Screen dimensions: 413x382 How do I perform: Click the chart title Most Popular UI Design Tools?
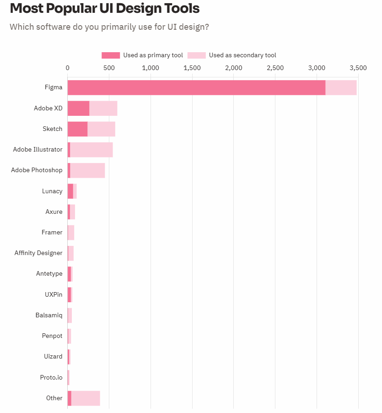[x=105, y=8]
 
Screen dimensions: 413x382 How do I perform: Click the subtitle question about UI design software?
[x=109, y=27]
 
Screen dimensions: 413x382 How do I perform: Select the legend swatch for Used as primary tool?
[x=110, y=55]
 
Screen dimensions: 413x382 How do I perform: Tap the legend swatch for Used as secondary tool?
[x=196, y=55]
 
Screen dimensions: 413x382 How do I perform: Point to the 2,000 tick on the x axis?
[x=234, y=68]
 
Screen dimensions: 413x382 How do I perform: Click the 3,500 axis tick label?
[x=358, y=68]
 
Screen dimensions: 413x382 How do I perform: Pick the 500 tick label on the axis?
[x=109, y=68]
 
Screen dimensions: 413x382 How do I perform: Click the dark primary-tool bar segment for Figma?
[x=196, y=87]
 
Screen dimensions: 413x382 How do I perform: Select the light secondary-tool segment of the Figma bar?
[x=341, y=87]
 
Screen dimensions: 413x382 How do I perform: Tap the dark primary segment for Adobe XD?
[x=78, y=108]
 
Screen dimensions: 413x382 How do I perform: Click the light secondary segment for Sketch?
[x=101, y=129]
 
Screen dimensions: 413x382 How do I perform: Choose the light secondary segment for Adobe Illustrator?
[x=91, y=150]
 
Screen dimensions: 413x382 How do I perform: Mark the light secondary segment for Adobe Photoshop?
[x=87, y=170]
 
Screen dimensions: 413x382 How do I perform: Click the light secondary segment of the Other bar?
[x=86, y=398]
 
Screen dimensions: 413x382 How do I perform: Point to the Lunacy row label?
[x=52, y=191]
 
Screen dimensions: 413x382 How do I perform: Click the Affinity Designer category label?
[x=38, y=253]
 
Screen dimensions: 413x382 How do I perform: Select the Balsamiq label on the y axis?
[x=49, y=315]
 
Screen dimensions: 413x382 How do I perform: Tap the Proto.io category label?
[x=51, y=377]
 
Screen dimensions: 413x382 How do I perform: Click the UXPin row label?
[x=54, y=294]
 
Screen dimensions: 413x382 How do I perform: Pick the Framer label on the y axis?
[x=52, y=232]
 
